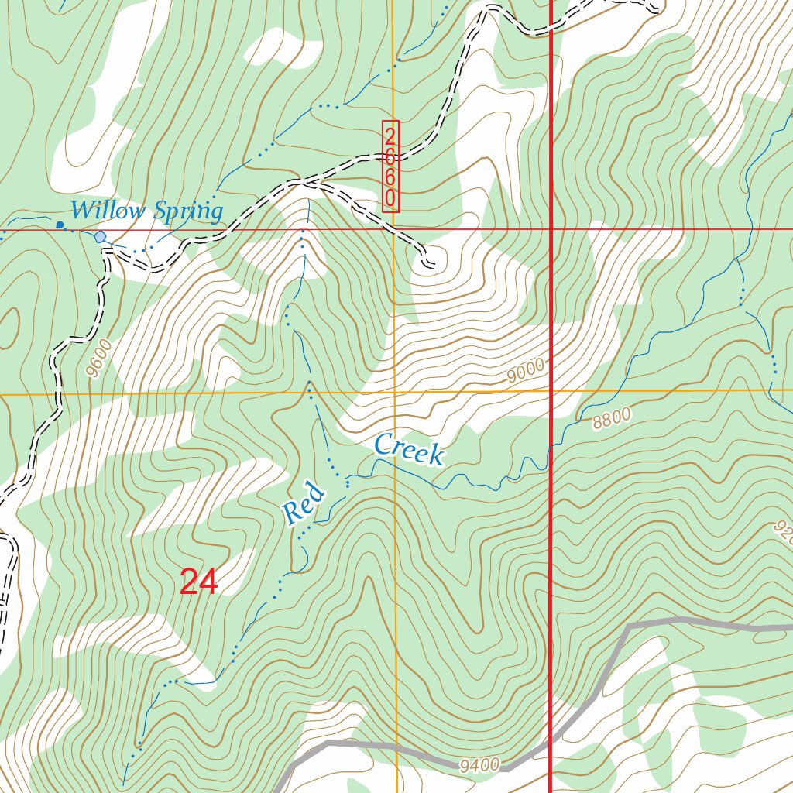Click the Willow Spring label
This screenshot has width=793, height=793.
pos(146,210)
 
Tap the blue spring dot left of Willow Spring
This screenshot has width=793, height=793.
pos(60,225)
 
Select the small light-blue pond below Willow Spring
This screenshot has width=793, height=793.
pos(100,236)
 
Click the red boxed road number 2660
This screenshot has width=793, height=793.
pos(390,166)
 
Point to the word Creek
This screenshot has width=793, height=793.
pos(408,450)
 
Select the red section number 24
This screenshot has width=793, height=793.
pos(198,582)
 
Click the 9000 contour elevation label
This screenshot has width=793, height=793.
pos(526,372)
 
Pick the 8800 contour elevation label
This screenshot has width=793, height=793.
pos(612,419)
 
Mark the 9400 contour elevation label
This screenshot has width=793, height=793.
pos(479,766)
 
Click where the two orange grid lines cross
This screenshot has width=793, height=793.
pos(394,393)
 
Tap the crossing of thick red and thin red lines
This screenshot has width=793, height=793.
pos(550,229)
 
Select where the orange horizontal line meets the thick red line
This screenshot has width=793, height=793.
pos(550,391)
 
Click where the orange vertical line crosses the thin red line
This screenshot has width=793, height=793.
pos(393,229)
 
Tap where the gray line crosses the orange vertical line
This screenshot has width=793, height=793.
pos(396,748)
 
